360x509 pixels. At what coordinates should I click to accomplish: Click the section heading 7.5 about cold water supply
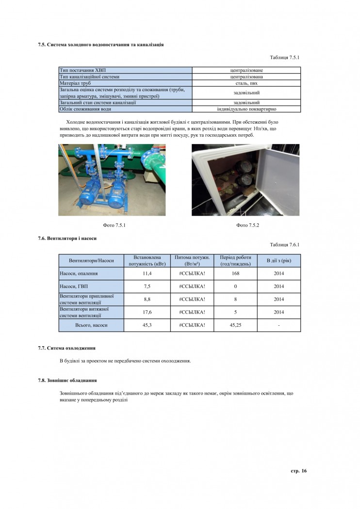click(x=100, y=45)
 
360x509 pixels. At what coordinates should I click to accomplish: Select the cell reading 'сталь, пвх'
click(x=246, y=83)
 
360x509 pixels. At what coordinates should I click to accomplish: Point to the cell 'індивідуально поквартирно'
click(x=246, y=109)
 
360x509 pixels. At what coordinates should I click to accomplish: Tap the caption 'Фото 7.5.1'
click(x=112, y=225)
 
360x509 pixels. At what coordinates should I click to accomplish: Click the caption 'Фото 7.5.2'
click(x=246, y=225)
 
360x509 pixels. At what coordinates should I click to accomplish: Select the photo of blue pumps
click(x=112, y=180)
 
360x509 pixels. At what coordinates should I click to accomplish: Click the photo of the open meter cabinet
click(x=245, y=180)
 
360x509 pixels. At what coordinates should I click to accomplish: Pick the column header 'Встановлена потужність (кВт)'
click(x=147, y=260)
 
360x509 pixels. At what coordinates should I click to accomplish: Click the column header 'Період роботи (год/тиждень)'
click(x=235, y=260)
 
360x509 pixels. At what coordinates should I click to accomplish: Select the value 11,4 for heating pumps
click(x=147, y=273)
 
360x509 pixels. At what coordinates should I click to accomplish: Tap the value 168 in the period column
click(x=235, y=273)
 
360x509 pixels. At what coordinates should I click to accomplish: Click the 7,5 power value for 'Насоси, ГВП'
click(x=147, y=286)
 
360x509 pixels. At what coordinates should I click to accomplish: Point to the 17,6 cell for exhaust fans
click(x=147, y=312)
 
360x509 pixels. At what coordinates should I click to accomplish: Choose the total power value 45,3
click(x=147, y=325)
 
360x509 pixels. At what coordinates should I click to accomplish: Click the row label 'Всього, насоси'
click(x=91, y=325)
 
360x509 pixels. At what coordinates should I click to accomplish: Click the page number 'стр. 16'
click(x=298, y=471)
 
